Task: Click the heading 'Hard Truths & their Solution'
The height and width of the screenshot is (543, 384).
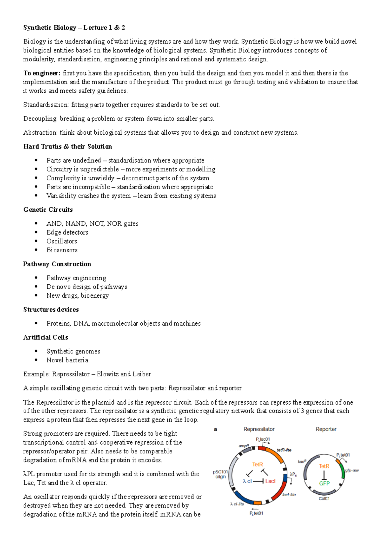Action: [68, 146]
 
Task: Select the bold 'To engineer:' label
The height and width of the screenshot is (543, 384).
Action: [42, 73]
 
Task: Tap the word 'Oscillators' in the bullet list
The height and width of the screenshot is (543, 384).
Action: [62, 241]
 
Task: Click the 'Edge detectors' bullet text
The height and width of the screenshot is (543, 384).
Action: [67, 232]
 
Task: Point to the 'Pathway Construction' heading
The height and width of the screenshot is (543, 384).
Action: [57, 264]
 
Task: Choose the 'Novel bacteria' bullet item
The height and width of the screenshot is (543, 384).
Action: [67, 360]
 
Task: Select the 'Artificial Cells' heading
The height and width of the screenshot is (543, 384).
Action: [45, 337]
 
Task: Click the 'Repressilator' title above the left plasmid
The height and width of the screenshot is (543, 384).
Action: [259, 429]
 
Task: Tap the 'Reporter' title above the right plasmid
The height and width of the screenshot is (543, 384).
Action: [326, 429]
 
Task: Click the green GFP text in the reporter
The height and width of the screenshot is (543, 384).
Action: [324, 483]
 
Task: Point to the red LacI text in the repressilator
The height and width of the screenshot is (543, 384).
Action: [270, 481]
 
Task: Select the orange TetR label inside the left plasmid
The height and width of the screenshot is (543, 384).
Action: [258, 464]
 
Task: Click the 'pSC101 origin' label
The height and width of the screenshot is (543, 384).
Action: [220, 474]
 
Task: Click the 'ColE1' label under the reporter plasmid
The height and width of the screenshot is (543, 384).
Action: [324, 499]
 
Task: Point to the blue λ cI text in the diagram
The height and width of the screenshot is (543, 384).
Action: [247, 481]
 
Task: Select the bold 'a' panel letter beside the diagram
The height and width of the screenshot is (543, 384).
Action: [215, 429]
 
